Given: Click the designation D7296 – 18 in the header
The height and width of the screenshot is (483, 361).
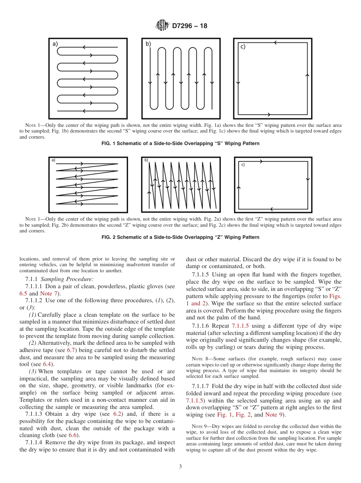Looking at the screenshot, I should (190, 26).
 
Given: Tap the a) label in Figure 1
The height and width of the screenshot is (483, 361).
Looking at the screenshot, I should (55, 44).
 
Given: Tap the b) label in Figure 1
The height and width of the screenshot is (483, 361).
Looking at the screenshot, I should (148, 44).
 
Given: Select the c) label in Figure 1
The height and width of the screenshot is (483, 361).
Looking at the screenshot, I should (242, 47).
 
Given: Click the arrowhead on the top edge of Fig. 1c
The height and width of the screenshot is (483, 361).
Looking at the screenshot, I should (275, 43).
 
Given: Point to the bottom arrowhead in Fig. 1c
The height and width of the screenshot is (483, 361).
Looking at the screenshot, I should (269, 114).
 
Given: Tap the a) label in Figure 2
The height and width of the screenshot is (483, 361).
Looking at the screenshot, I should (53, 160).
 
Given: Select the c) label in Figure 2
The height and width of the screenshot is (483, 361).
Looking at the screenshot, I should (243, 165).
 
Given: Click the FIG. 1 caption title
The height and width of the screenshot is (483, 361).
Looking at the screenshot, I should (180, 144).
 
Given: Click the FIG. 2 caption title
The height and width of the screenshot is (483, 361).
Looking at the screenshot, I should (180, 237).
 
